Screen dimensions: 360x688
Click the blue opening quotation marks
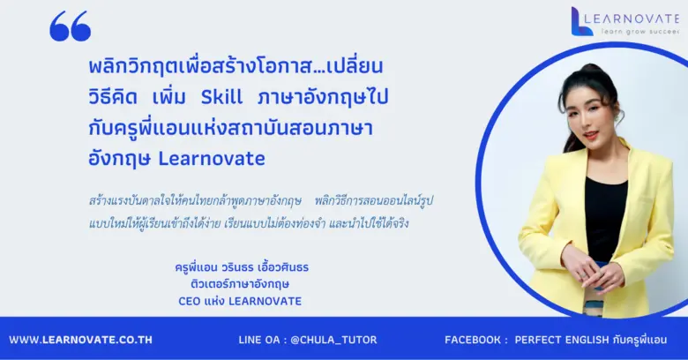click(x=70, y=27)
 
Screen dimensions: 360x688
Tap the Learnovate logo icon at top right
click(x=581, y=21)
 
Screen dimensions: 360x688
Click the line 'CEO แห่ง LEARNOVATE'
click(x=239, y=301)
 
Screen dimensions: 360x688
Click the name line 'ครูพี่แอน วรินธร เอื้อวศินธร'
click(x=243, y=266)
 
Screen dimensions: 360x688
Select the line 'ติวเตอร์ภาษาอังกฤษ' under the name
click(x=240, y=283)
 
